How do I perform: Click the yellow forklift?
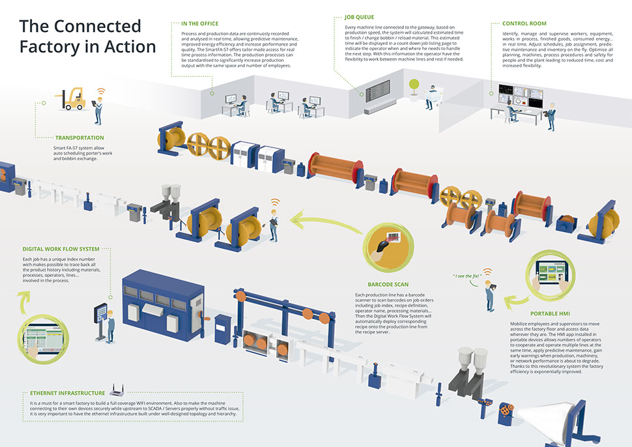tap(72, 99)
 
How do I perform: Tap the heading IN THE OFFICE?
tap(199, 23)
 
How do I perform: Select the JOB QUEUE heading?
tap(359, 18)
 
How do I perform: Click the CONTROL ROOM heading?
tap(524, 23)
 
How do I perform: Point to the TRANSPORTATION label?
tap(79, 138)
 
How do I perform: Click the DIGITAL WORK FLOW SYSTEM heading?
tap(61, 249)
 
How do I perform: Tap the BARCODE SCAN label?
tap(388, 285)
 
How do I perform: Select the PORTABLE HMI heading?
tap(550, 313)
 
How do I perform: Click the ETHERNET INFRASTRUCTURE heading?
tap(67, 393)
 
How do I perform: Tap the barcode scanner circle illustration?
tap(388, 246)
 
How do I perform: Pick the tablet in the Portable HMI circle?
tap(551, 272)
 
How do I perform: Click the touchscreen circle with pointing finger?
tap(44, 339)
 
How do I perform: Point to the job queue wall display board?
tap(378, 89)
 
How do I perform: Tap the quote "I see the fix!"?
tap(467, 276)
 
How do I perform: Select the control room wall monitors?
tap(521, 96)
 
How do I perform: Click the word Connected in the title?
tap(98, 26)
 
